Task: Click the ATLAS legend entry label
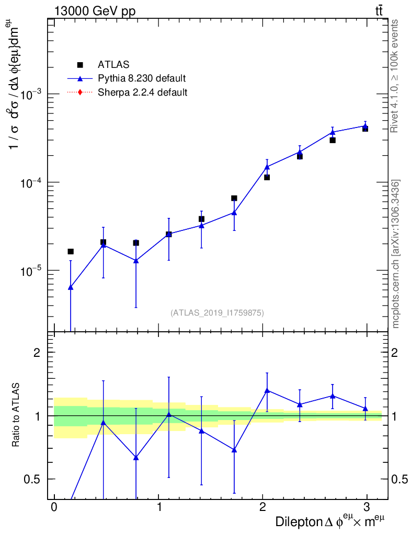tap(113, 65)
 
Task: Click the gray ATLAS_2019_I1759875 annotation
tap(217, 313)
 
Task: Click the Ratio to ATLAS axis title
tap(16, 416)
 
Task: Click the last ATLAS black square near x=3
tap(365, 129)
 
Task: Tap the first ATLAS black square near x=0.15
tap(71, 251)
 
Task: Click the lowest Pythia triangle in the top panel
tap(71, 287)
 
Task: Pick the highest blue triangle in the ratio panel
tap(267, 390)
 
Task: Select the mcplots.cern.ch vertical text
tap(396, 254)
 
